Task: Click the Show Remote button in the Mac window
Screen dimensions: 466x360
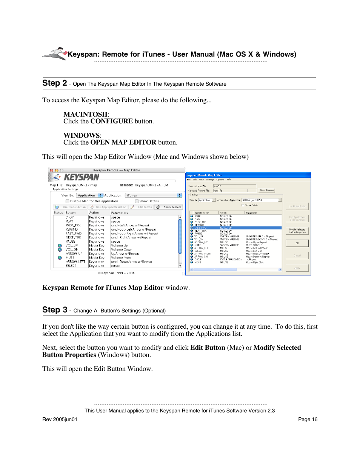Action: [169, 207]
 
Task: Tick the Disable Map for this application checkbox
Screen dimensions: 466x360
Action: [68, 201]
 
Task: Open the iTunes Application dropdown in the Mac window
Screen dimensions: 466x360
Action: [154, 195]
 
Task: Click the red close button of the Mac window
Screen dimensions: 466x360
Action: [52, 170]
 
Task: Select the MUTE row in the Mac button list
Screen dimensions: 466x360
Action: [70, 258]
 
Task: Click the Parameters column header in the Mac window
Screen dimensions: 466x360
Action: [120, 213]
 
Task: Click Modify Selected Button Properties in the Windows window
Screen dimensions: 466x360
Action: [297, 231]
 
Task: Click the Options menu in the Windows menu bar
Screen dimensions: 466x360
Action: [220, 180]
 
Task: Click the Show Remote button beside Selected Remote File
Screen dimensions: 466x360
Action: [266, 191]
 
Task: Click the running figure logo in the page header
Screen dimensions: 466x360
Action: [55, 54]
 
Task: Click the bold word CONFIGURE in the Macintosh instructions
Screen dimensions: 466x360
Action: [111, 121]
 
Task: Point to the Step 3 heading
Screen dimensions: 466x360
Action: [55, 310]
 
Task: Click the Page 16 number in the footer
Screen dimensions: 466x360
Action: [308, 419]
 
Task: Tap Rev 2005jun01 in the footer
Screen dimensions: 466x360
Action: [60, 419]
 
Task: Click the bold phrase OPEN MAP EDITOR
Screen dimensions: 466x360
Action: [123, 142]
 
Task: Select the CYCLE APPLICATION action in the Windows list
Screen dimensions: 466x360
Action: [231, 259]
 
